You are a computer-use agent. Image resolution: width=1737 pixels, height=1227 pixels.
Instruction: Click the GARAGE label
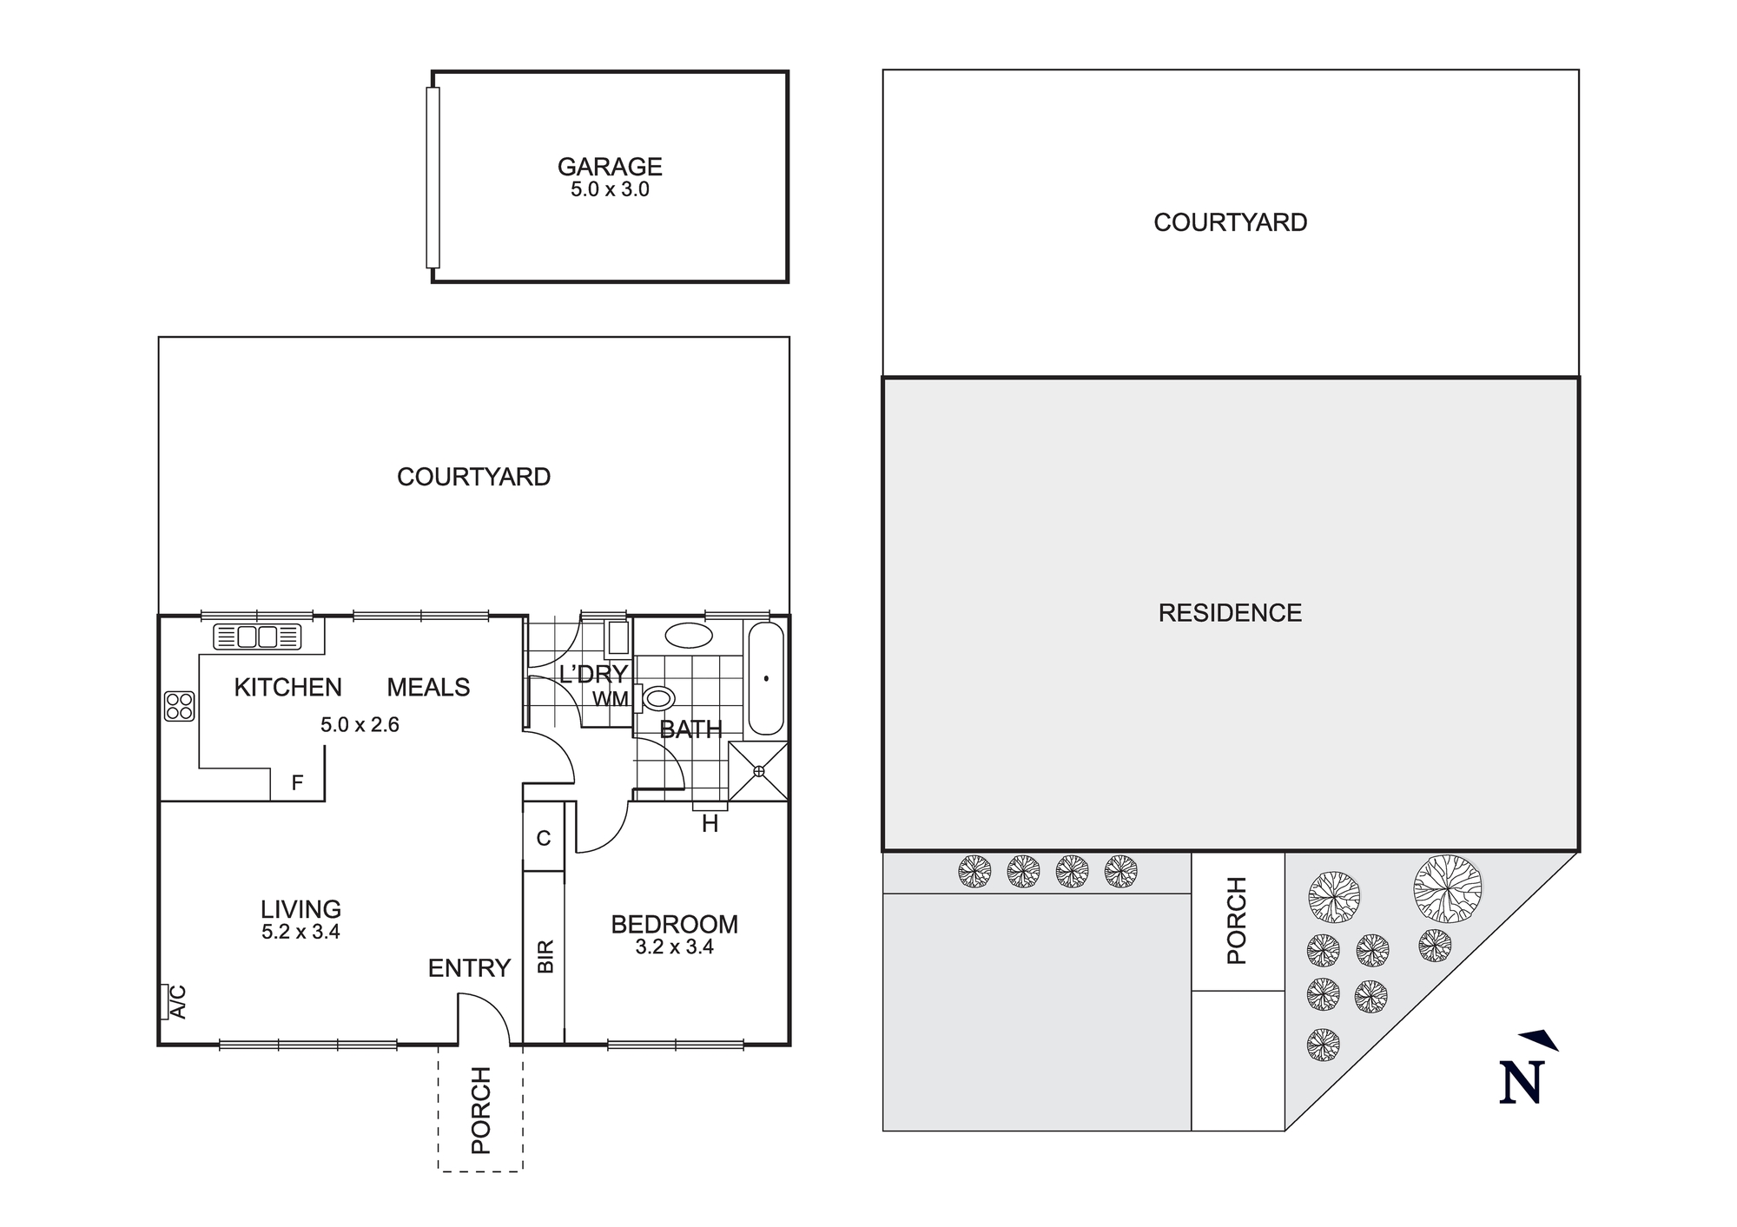610,166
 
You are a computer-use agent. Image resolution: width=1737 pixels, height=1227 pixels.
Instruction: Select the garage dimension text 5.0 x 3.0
610,189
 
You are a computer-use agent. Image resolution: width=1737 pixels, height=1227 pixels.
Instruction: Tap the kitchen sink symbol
257,637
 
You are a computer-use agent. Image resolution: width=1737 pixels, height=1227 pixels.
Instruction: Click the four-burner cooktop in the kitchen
180,706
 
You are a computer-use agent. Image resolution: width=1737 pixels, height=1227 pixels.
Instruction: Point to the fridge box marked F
297,783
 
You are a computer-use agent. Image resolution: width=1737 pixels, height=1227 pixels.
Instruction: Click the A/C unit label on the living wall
177,1001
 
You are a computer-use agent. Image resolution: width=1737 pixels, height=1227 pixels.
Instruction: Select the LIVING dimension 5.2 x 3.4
301,933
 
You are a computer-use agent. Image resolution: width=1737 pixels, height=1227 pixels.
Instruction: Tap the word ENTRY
469,968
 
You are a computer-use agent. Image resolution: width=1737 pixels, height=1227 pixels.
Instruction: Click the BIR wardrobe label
545,956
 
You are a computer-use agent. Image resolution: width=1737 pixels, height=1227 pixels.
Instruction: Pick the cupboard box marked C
544,839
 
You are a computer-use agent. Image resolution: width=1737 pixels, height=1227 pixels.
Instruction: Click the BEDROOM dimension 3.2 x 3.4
674,947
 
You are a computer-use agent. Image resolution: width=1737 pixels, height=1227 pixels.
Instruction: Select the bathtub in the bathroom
766,678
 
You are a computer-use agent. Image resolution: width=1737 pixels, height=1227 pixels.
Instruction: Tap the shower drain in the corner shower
759,770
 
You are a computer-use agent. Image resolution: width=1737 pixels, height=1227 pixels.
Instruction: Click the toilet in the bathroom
658,698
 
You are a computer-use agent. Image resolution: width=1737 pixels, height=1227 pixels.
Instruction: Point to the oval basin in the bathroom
690,635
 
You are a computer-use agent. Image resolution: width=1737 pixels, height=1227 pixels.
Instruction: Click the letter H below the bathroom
710,825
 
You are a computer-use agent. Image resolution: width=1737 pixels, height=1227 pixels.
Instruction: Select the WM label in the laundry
611,699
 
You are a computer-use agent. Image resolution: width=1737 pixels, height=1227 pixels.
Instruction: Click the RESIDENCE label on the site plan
1230,613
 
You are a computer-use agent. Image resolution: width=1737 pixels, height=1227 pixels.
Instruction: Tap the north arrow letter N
1521,1082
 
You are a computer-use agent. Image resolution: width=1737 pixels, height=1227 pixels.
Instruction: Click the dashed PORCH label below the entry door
480,1111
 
